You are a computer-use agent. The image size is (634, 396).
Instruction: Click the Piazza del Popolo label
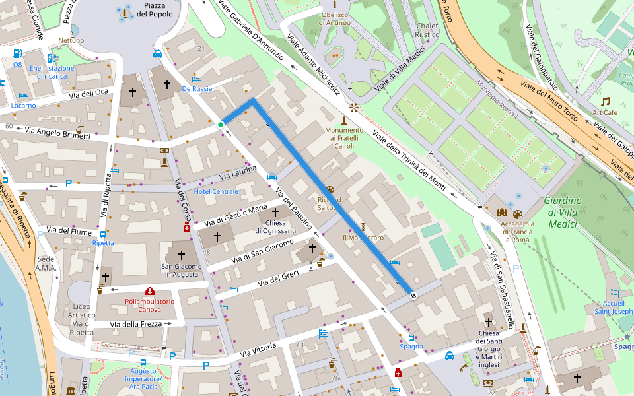pyautogui.click(x=158, y=9)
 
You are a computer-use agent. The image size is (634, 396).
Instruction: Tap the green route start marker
pyautogui.click(x=221, y=125)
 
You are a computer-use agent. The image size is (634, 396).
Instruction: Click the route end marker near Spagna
pyautogui.click(x=413, y=295)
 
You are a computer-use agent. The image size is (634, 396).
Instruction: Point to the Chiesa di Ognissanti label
pyautogui.click(x=276, y=226)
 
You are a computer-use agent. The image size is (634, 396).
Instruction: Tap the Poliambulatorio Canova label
pyautogui.click(x=150, y=305)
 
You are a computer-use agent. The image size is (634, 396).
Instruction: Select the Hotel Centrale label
pyautogui.click(x=216, y=191)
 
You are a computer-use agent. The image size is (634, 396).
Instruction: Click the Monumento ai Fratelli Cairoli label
pyautogui.click(x=343, y=137)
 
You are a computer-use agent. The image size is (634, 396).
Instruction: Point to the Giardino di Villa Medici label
pyautogui.click(x=563, y=212)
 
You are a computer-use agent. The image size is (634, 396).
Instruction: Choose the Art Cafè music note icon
pyautogui.click(x=605, y=101)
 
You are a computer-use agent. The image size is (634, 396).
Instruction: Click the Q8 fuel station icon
pyautogui.click(x=17, y=54)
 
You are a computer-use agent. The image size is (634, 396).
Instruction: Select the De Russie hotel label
pyautogui.click(x=197, y=88)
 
